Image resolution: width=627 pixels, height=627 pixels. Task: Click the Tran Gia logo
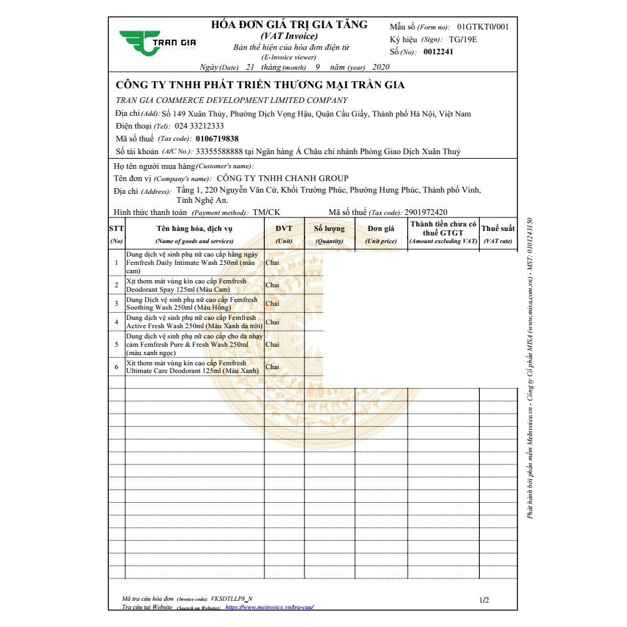point(157,42)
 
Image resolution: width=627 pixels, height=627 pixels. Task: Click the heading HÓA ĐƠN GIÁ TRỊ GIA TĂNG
point(289,25)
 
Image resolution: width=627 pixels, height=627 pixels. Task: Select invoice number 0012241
point(438,52)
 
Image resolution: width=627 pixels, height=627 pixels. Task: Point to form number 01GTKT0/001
point(483,27)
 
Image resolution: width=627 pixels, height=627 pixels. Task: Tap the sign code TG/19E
point(463,40)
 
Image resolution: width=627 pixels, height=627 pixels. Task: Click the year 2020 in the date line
point(380,67)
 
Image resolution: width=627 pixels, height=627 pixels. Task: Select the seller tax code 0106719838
point(218,138)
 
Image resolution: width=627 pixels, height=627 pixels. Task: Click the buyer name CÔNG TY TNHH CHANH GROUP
point(283,179)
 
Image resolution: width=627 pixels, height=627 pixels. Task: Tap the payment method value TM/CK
point(267,212)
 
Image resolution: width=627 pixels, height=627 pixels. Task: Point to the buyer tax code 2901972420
point(426,212)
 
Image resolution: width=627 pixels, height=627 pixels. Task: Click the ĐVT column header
point(284,228)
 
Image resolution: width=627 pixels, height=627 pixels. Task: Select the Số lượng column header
point(329,228)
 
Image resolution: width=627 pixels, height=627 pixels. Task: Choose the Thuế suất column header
point(498,228)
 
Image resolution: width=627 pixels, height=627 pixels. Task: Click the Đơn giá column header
point(381,228)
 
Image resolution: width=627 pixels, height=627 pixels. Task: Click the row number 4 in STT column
point(116,322)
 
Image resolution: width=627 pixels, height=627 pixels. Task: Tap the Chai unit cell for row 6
point(273,367)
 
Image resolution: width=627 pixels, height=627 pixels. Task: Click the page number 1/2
point(484,600)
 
